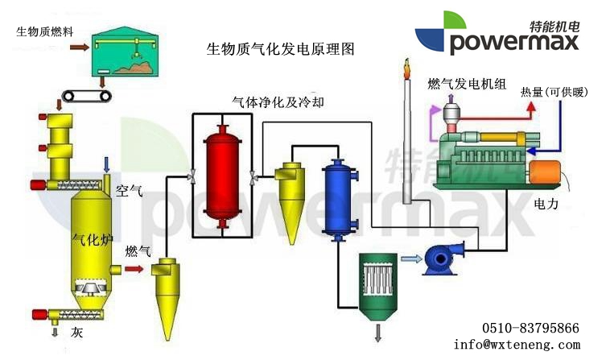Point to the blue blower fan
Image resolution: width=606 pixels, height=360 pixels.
[443, 258]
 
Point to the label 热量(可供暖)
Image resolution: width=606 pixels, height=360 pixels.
[556, 92]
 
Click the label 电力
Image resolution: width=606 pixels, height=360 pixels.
[546, 205]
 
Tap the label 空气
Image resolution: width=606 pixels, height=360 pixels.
[129, 191]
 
